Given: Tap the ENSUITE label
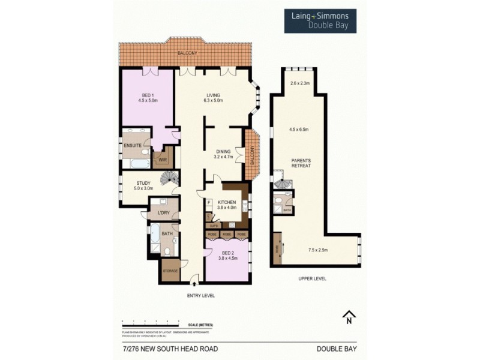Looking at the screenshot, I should [x=132, y=145].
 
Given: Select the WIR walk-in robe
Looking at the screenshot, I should [x=162, y=160].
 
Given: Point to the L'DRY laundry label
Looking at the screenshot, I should [x=162, y=213].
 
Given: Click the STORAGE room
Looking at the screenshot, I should [x=170, y=271].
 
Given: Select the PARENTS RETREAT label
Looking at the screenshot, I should [x=301, y=163].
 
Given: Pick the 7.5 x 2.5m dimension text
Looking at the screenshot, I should [x=317, y=250].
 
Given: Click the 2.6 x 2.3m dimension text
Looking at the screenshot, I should [x=299, y=84].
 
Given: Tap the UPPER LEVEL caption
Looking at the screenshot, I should [x=313, y=279].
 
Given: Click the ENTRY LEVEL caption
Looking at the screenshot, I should [x=200, y=296].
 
